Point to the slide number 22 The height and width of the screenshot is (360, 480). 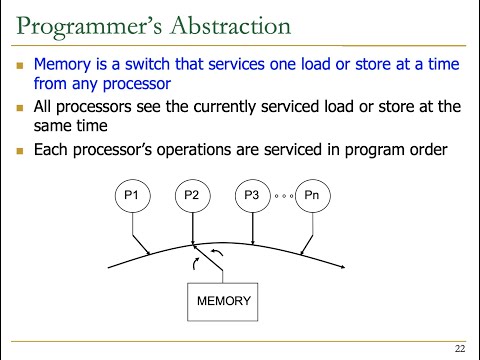click(x=459, y=348)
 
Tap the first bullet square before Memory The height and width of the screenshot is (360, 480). click(x=22, y=64)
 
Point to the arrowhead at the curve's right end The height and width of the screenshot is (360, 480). click(x=344, y=268)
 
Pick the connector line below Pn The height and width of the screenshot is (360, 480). click(x=312, y=238)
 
